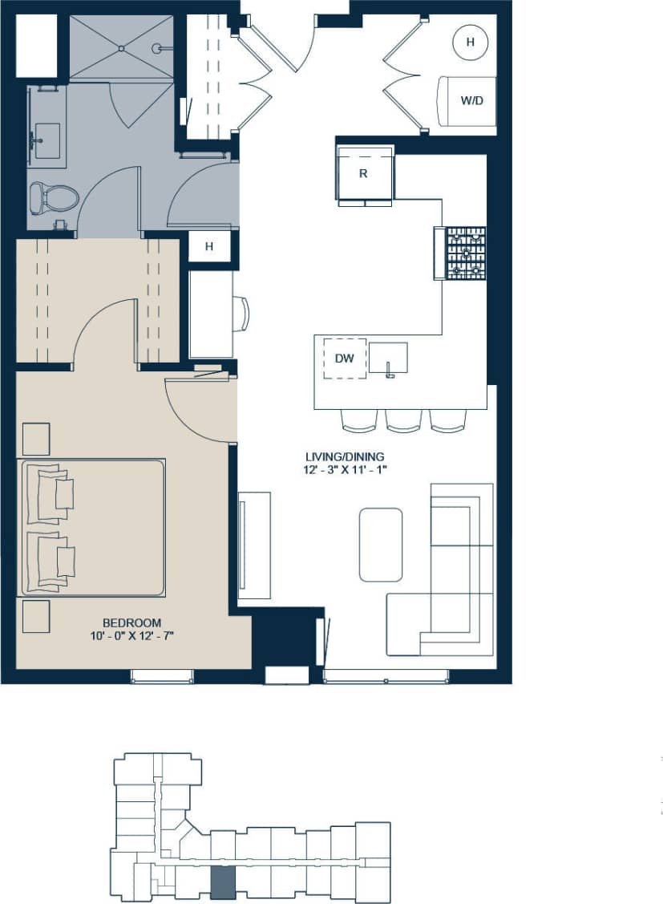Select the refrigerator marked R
coord(363,173)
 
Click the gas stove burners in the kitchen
coord(466,253)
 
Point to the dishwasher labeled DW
coord(344,358)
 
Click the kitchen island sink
coord(388,358)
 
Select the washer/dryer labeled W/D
coord(465,101)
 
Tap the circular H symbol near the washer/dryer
coord(471,41)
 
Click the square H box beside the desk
coord(209,246)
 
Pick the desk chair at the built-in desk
coord(241,314)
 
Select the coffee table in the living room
coord(381,544)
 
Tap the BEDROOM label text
coord(131,622)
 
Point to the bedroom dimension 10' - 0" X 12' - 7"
coord(131,636)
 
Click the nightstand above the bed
coord(35,438)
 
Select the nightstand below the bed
coord(35,617)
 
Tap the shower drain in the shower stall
coord(121,48)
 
